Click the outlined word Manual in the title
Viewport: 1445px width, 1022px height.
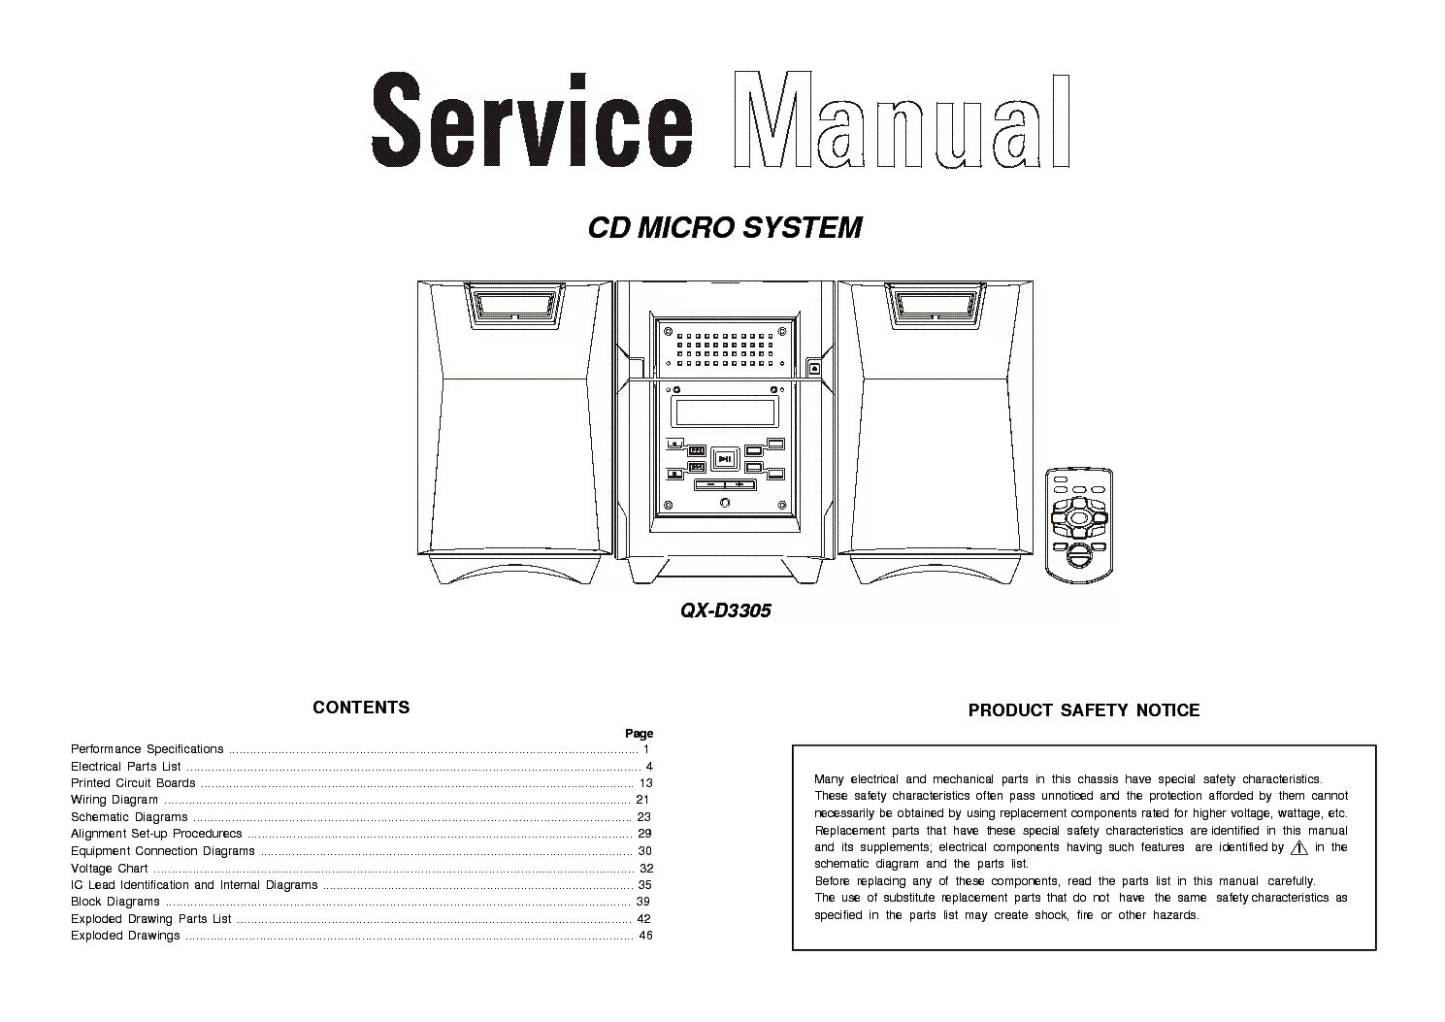coord(902,121)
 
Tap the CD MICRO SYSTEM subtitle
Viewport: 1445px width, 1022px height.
coord(725,228)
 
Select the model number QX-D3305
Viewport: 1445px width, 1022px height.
coord(725,611)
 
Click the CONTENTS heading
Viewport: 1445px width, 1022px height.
coord(361,708)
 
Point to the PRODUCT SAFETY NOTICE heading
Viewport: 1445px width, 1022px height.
coord(1083,710)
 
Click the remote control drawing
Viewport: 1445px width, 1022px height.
coord(1078,523)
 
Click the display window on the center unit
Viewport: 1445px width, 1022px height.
coord(725,412)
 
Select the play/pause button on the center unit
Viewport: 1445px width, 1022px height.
coord(725,457)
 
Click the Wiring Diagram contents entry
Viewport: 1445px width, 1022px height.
coord(115,800)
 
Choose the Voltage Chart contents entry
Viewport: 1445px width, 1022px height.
coord(109,868)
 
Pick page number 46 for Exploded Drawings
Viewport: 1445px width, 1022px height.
coord(645,936)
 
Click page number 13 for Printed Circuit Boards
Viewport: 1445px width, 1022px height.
coord(645,783)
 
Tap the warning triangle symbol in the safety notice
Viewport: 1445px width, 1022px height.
coord(1299,847)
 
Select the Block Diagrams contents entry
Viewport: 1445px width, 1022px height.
coord(115,902)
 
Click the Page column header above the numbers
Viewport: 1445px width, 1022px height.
coord(639,734)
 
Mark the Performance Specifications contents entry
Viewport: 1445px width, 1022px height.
coord(147,749)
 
